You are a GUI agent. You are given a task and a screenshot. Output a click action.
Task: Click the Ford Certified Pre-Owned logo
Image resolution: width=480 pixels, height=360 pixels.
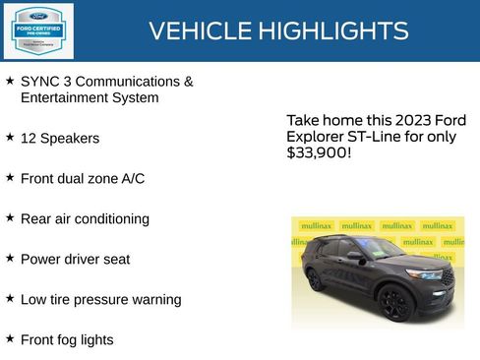click(x=37, y=30)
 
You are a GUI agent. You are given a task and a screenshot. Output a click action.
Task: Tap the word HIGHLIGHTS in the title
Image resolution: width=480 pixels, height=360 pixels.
click(x=334, y=31)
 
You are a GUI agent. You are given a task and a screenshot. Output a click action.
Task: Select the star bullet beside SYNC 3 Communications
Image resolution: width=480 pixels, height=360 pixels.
click(x=10, y=81)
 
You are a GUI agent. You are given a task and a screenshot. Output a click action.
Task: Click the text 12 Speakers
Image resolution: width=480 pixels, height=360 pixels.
click(x=60, y=139)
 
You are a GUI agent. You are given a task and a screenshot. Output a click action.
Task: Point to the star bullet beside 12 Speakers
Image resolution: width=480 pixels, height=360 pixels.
click(x=10, y=138)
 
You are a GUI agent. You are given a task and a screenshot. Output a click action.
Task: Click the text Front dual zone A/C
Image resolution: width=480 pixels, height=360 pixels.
click(x=83, y=179)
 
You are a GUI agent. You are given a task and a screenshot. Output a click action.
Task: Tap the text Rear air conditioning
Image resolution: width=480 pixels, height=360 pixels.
click(x=85, y=218)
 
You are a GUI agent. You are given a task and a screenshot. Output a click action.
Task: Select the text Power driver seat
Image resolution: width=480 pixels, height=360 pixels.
click(x=75, y=259)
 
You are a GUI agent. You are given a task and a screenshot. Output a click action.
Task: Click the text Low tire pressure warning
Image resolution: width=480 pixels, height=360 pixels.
click(x=100, y=299)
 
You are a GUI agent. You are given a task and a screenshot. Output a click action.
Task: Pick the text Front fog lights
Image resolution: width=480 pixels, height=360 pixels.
click(x=67, y=339)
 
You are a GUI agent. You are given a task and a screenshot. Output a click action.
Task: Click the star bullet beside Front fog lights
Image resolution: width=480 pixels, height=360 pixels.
click(x=10, y=338)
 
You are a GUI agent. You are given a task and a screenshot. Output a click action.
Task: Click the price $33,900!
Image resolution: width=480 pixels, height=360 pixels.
click(x=319, y=153)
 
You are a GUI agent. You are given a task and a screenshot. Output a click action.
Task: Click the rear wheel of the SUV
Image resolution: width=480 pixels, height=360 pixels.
click(x=316, y=279)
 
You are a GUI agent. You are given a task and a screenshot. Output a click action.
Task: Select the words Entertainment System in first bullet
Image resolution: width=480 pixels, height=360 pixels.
click(x=90, y=97)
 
